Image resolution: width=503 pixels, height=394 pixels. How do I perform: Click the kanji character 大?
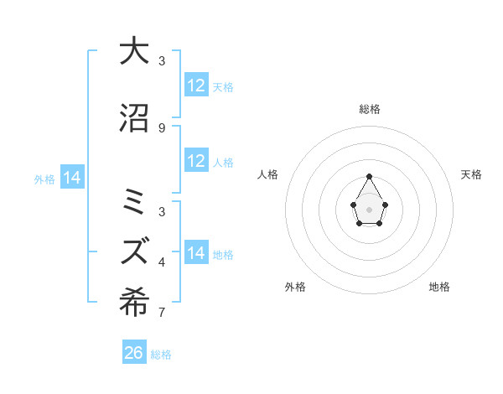[x=134, y=51]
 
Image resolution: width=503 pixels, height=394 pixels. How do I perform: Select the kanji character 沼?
[x=134, y=118]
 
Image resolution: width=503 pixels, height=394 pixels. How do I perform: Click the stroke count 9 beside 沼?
[x=162, y=128]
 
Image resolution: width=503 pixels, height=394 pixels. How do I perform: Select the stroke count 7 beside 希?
[x=162, y=314]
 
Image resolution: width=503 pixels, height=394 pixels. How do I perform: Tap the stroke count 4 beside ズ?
[x=162, y=262]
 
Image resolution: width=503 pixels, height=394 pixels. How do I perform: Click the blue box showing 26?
[x=134, y=353]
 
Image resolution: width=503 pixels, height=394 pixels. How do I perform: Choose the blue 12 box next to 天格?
[x=196, y=86]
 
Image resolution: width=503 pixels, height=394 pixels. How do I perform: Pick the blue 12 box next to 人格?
[x=196, y=161]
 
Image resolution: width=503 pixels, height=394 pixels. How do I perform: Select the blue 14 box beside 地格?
[x=196, y=253]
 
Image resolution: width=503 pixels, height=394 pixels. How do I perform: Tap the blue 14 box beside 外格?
[x=72, y=178]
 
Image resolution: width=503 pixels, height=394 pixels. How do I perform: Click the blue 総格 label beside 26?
[x=161, y=355]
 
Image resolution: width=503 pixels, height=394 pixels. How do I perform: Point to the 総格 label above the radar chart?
[x=370, y=109]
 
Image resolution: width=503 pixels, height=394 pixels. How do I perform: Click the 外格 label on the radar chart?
[x=295, y=287]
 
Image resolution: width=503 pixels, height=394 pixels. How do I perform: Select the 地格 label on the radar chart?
[x=439, y=287]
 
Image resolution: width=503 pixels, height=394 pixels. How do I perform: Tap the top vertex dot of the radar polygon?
[x=369, y=176]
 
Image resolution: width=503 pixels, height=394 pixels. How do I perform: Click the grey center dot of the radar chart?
[x=369, y=208]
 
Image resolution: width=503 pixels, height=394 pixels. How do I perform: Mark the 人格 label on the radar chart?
[x=268, y=174]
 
